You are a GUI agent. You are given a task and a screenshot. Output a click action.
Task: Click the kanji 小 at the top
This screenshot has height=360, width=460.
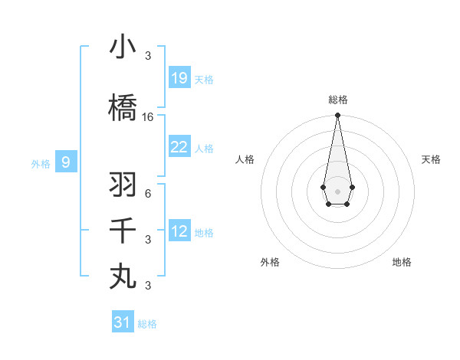coord(123,47)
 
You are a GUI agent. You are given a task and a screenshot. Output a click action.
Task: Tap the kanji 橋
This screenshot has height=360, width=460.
coord(123,107)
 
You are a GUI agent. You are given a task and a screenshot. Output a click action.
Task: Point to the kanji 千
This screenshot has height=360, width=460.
coord(123,230)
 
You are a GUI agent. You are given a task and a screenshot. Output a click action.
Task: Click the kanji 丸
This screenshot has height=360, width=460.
coord(123,276)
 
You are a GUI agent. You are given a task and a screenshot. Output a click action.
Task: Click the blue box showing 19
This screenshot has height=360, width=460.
coord(179,77)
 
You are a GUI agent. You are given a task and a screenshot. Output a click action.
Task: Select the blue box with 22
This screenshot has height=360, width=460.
coord(179,147)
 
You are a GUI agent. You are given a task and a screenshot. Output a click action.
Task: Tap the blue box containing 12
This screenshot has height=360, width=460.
coord(179,231)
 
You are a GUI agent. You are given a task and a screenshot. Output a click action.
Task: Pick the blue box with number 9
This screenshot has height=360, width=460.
coord(66,162)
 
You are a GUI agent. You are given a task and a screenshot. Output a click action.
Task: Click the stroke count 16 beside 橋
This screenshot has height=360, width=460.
coord(148,117)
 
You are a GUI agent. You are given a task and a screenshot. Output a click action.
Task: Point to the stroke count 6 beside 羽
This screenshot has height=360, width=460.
coord(148,193)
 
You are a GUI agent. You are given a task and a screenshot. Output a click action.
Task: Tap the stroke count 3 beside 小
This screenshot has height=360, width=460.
coord(148,55)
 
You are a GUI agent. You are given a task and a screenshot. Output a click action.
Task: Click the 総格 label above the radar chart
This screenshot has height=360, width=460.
coord(337,100)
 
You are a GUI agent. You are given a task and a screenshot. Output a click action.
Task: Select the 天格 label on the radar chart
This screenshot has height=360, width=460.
coord(431,159)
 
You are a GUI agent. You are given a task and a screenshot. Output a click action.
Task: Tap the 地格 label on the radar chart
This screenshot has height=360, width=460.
coord(402,262)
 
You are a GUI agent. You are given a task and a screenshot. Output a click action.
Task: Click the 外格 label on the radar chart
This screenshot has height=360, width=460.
coord(270,262)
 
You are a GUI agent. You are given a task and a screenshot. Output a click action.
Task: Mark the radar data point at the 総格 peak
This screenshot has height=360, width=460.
coord(337,116)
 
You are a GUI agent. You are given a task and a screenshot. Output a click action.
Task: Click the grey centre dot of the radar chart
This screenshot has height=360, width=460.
coord(337,190)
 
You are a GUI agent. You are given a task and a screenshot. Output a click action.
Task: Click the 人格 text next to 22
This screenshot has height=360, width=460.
coord(204,148)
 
